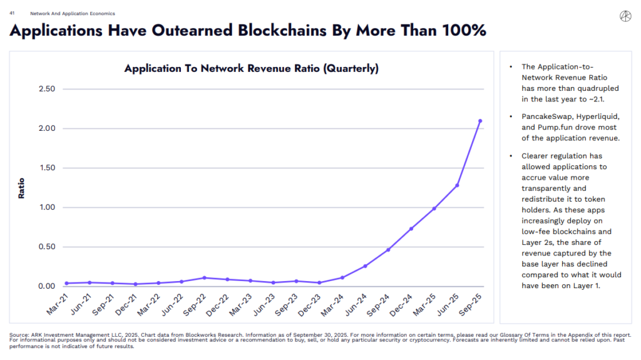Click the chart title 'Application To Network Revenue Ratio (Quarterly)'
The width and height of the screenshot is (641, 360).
pyautogui.click(x=251, y=69)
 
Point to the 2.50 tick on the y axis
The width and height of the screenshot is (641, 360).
pyautogui.click(x=46, y=89)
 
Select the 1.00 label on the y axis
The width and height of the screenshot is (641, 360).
pyautogui.click(x=46, y=207)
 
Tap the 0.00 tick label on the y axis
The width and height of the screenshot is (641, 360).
pyautogui.click(x=46, y=286)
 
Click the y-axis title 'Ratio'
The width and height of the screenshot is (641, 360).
pyautogui.click(x=21, y=188)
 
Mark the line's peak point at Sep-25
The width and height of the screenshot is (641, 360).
pyautogui.click(x=479, y=121)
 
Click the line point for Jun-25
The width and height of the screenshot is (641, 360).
pyautogui.click(x=457, y=185)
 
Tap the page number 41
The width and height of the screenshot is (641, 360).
pyautogui.click(x=12, y=13)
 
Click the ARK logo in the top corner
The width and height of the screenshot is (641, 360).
pyautogui.click(x=625, y=16)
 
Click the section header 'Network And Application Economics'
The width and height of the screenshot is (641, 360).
pyautogui.click(x=63, y=13)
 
